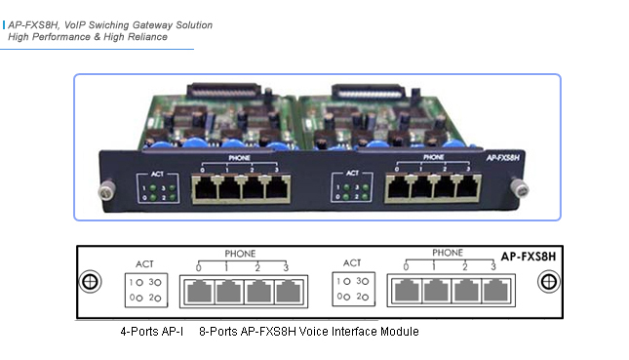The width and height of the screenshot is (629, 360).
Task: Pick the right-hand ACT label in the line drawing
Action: (352, 262)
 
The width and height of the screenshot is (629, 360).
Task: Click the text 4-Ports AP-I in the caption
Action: (151, 332)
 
